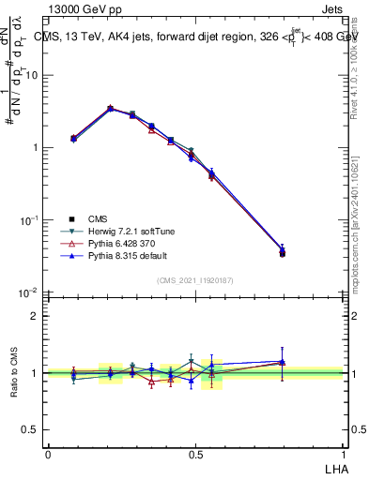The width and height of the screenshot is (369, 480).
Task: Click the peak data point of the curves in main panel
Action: point(111,109)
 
